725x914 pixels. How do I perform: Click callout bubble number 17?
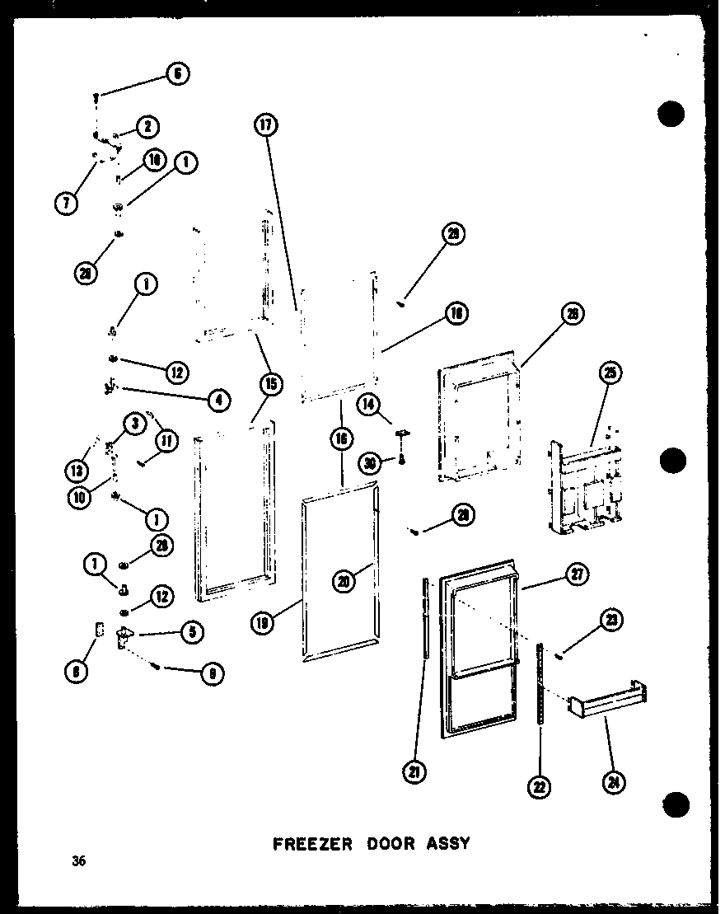266,125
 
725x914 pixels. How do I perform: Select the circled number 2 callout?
147,126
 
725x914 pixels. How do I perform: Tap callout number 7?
66,201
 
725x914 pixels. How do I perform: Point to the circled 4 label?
217,401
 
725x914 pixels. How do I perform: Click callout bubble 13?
77,470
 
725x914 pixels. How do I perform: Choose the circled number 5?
191,632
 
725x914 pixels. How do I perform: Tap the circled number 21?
414,771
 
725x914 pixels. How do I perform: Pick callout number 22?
540,788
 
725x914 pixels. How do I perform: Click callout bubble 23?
612,621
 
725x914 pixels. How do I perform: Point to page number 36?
78,862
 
